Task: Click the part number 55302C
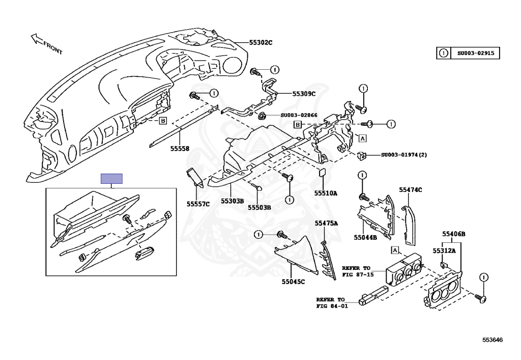click(x=260, y=43)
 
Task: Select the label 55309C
click(x=304, y=94)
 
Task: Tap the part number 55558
click(x=180, y=149)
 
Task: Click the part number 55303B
click(x=232, y=201)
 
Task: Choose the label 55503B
click(x=259, y=207)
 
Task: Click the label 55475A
click(x=326, y=223)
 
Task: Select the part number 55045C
click(x=293, y=282)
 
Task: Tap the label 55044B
click(x=365, y=237)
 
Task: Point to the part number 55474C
click(x=411, y=189)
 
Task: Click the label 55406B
click(x=453, y=234)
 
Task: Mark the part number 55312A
click(x=444, y=251)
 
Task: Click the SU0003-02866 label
click(x=299, y=115)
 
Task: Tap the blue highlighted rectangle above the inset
click(x=112, y=178)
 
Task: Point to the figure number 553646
click(x=493, y=339)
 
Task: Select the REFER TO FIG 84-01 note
click(x=330, y=302)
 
